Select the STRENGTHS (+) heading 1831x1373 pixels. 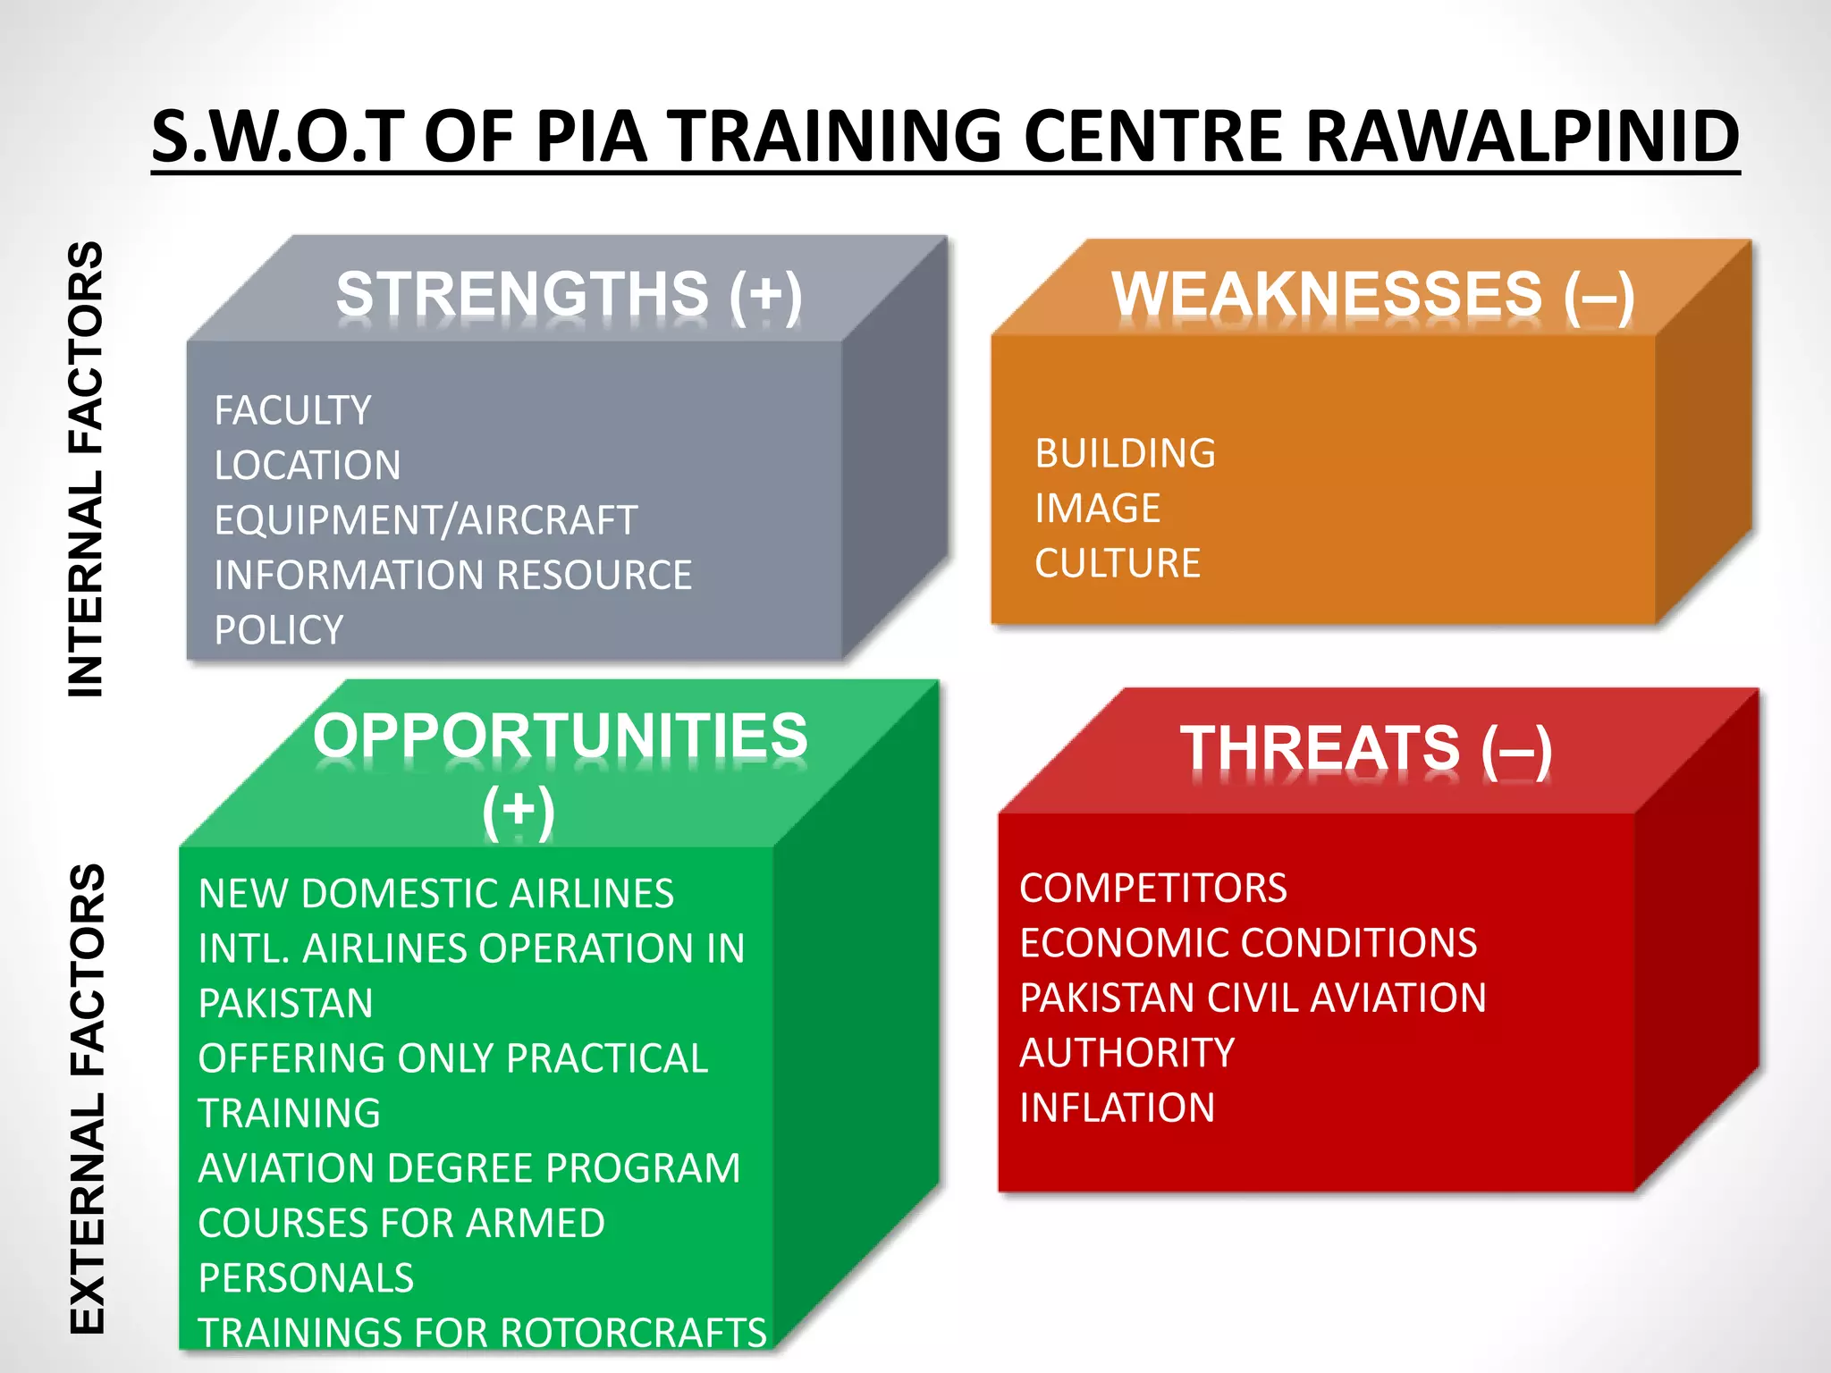pos(569,295)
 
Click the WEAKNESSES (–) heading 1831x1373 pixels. pos(1372,295)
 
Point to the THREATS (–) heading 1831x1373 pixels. pos(1365,749)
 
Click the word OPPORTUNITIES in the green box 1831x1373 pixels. pos(561,736)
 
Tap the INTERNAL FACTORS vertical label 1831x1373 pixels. pos(87,469)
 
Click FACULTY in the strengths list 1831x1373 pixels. pos(292,411)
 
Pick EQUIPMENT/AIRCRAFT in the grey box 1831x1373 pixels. pos(426,520)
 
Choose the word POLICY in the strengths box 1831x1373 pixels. pos(279,630)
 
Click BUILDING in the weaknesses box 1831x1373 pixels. pos(1125,454)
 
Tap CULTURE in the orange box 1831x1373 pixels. pos(1117,564)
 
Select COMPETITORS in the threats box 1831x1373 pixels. pos(1152,889)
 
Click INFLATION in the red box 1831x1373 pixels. pos(1117,1108)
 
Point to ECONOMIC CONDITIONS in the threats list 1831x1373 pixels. pos(1248,943)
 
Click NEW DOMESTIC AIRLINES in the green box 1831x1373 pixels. pos(436,894)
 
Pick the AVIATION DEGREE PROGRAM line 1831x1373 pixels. pos(469,1168)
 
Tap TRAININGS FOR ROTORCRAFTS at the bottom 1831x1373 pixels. pos(482,1333)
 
